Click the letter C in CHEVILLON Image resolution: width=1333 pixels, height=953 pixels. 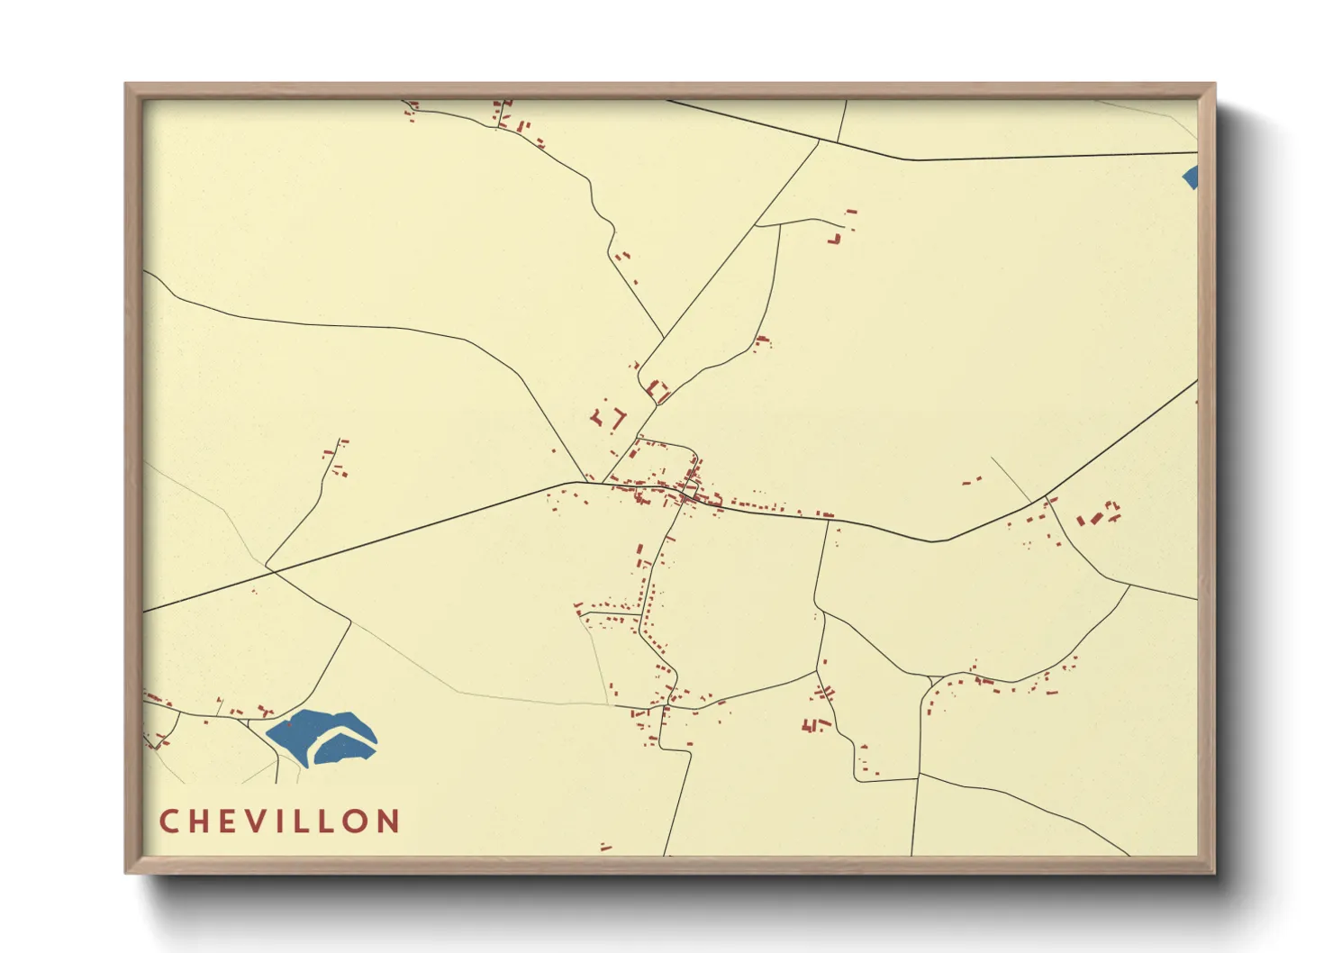point(169,821)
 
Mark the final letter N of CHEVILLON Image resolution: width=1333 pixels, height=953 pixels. point(390,821)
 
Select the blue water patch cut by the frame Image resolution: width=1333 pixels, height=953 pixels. point(1191,177)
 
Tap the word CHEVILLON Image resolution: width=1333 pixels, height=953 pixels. point(279,821)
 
